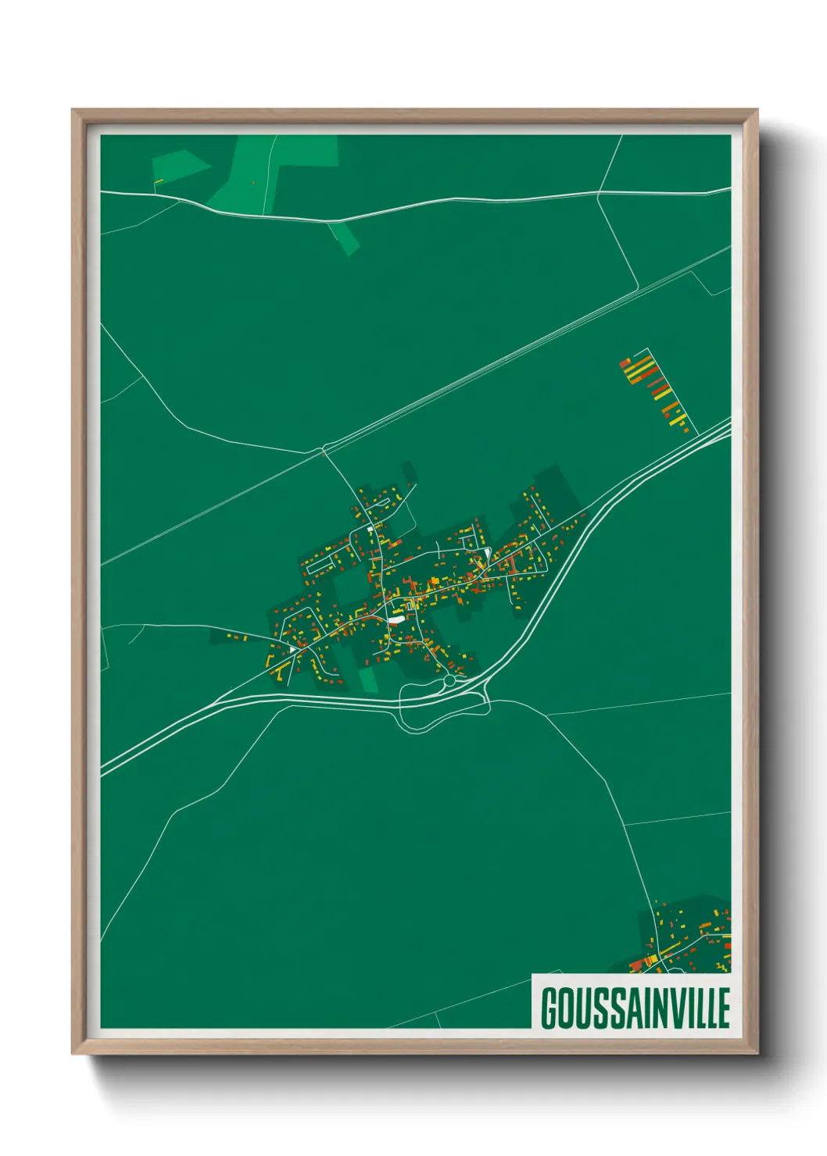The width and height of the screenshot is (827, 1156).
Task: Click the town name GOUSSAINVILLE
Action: click(x=635, y=1008)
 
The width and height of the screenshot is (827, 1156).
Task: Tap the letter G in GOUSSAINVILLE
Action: click(x=550, y=1008)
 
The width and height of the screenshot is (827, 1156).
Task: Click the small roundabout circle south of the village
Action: click(x=449, y=681)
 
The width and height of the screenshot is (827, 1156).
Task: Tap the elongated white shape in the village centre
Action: click(x=397, y=619)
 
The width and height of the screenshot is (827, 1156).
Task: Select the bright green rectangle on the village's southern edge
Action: click(x=369, y=679)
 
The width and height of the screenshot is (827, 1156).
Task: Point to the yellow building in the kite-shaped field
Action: click(x=159, y=182)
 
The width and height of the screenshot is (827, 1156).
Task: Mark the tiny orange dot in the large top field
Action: click(x=253, y=183)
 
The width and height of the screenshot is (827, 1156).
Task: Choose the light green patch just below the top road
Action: click(x=344, y=237)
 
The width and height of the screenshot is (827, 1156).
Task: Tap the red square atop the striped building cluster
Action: click(x=625, y=362)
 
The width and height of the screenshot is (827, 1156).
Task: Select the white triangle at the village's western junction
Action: click(x=293, y=648)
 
